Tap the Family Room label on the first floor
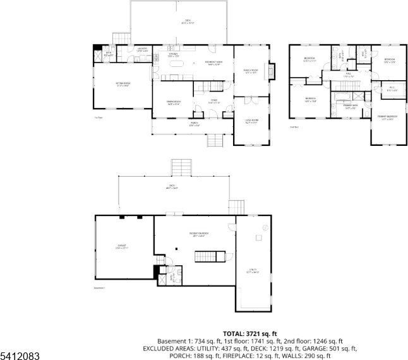(x=252, y=71)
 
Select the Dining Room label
(x=174, y=103)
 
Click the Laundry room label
(x=143, y=49)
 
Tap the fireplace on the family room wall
(x=272, y=71)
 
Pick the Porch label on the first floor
(x=195, y=124)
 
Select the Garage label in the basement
(x=122, y=246)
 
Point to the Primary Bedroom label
(x=387, y=117)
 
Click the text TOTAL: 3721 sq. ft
(x=250, y=333)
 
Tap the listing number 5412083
(x=20, y=356)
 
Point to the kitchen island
(x=177, y=63)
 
